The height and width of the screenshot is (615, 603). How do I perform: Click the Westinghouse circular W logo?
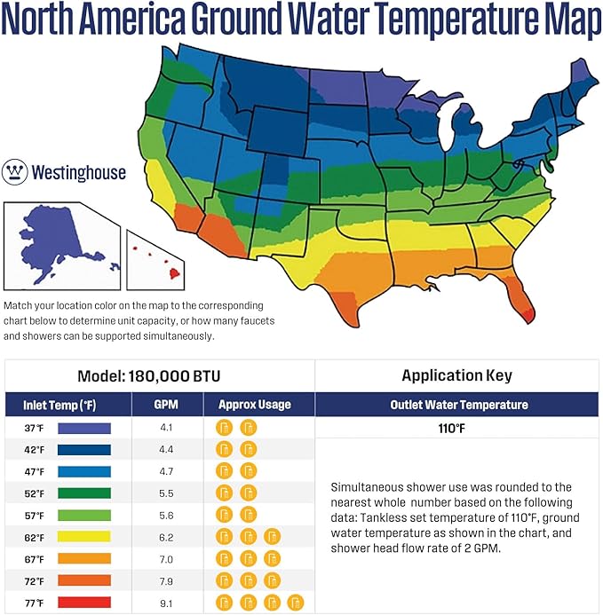pos(15,171)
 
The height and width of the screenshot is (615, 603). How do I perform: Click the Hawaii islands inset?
pos(159,258)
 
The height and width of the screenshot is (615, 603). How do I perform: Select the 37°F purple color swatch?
pos(83,428)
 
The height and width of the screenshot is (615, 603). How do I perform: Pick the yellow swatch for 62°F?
pos(83,536)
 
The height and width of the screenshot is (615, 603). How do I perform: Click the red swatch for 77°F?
pos(83,603)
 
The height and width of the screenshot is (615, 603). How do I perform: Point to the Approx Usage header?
pos(259,405)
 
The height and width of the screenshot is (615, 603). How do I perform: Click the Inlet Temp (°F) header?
pos(66,405)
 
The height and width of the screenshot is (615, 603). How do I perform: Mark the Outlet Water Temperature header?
pos(459,405)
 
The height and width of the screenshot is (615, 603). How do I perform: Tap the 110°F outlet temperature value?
pos(459,429)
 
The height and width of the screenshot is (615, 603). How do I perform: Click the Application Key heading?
pos(459,375)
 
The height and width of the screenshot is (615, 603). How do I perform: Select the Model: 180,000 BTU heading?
pos(160,375)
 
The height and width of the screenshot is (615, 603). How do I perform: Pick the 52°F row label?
pos(35,493)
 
